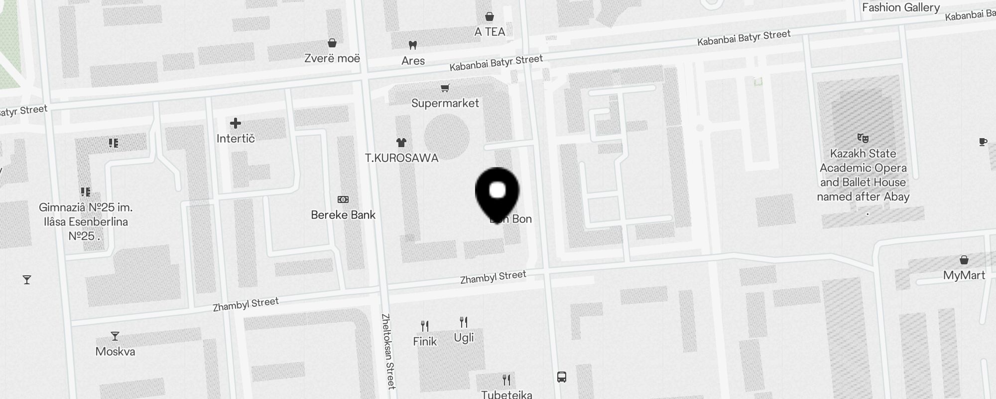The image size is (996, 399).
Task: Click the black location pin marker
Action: (497, 192)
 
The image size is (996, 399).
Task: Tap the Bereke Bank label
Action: (343, 215)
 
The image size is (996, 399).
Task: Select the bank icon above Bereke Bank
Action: (343, 199)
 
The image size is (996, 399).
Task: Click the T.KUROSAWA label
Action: (401, 158)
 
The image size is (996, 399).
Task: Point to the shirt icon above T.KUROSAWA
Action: (401, 143)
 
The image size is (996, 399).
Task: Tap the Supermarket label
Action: (445, 103)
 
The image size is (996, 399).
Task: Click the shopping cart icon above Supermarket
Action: (445, 88)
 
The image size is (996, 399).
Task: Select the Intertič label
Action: (236, 139)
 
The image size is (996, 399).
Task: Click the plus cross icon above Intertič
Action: (236, 123)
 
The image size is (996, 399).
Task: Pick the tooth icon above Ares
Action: (412, 45)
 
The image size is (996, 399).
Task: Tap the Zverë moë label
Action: (332, 58)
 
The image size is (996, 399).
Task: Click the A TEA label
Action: (490, 32)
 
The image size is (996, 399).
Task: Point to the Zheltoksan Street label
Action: (388, 351)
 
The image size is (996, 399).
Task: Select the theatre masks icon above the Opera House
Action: (863, 138)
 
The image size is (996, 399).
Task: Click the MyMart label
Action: (964, 275)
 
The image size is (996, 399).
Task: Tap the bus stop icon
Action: (562, 377)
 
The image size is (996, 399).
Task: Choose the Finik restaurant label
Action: (425, 342)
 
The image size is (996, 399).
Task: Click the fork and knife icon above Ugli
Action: (464, 322)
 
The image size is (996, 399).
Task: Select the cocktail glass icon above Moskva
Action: (115, 336)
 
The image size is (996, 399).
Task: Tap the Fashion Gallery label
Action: (901, 7)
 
